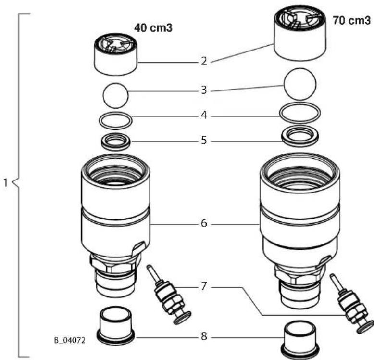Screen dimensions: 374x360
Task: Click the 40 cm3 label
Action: click(153, 28)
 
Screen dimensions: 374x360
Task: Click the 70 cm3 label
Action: click(352, 20)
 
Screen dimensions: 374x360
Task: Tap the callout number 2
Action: click(204, 61)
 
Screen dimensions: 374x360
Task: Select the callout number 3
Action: click(204, 90)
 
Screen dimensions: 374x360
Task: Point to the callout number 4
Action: click(204, 115)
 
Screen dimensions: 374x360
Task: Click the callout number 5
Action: click(204, 141)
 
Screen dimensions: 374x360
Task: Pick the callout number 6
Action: click(204, 223)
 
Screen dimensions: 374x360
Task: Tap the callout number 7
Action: click(203, 286)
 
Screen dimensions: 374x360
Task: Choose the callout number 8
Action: click(204, 336)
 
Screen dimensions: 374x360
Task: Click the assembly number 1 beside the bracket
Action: click(6, 183)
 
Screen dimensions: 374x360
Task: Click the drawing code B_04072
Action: click(70, 340)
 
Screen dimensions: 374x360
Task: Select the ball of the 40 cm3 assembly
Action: click(116, 95)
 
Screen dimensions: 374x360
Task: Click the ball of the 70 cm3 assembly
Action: click(300, 84)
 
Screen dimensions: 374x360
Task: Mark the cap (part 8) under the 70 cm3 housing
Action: click(300, 339)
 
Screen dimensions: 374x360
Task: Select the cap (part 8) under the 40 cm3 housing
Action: click(116, 326)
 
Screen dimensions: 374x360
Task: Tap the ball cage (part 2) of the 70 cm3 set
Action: click(300, 33)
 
